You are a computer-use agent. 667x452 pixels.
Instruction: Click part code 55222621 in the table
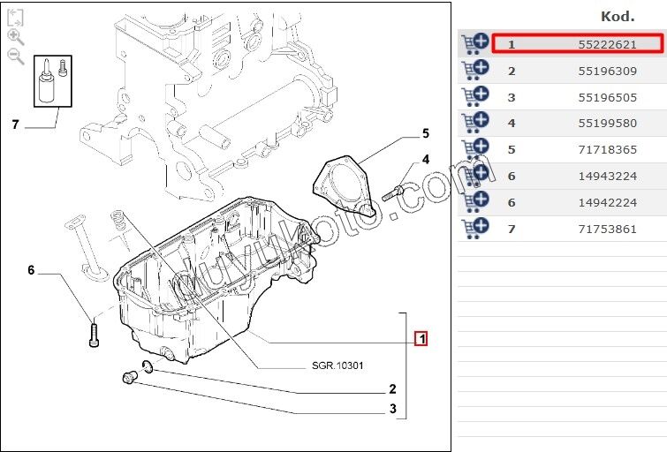607,44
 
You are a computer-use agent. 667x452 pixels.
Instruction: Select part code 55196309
607,71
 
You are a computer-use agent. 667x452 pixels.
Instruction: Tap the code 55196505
607,97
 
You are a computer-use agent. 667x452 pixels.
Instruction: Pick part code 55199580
607,124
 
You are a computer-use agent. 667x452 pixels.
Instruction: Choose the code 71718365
607,150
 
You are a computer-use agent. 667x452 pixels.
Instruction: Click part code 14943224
607,176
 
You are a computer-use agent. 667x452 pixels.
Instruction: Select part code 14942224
607,202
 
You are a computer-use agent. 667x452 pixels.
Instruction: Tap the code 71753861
607,230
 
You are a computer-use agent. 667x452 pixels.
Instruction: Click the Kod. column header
618,17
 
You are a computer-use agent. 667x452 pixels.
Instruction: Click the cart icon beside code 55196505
474,96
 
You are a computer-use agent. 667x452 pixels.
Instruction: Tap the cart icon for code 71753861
474,228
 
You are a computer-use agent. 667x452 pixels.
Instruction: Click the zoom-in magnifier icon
16,37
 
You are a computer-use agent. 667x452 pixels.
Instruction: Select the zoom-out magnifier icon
16,56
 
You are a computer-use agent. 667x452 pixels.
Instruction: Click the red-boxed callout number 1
421,339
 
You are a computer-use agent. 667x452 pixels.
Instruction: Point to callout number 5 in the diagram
426,133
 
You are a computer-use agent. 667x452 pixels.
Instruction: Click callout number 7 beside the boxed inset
16,124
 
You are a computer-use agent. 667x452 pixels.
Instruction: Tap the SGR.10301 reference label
337,365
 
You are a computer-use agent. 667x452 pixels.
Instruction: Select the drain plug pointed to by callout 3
129,377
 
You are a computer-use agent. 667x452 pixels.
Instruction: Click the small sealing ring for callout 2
148,366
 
